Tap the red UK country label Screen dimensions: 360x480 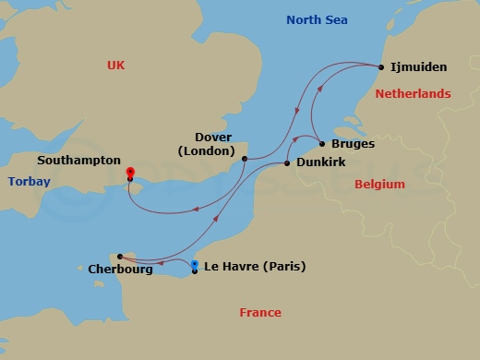[x=115, y=65]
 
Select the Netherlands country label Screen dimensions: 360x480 [x=413, y=94]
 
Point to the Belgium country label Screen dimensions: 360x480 [x=379, y=185]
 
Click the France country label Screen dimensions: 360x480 [x=260, y=313]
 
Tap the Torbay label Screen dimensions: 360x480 [x=29, y=182]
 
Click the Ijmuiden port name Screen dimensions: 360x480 [x=418, y=67]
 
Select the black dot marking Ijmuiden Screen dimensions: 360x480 [x=381, y=66]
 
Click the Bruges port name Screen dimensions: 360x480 [x=352, y=144]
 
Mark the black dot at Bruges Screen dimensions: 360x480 [x=321, y=144]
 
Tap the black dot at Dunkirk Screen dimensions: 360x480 [x=287, y=163]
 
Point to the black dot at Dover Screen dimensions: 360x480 [x=244, y=159]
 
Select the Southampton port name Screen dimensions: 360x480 [x=79, y=160]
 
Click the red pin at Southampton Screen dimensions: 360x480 [x=130, y=173]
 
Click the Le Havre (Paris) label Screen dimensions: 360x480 [x=253, y=268]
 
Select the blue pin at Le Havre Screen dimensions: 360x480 [x=194, y=266]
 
